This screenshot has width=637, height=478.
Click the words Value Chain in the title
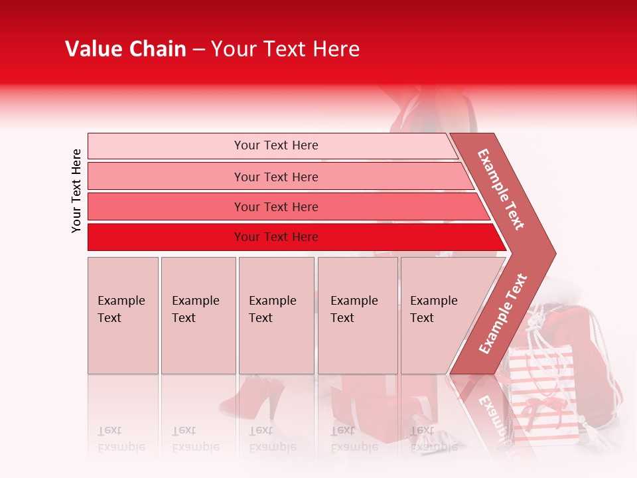(x=125, y=49)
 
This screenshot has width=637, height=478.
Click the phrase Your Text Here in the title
(x=285, y=49)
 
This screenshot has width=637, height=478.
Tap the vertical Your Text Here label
(x=76, y=191)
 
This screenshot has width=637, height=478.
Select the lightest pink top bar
(x=272, y=145)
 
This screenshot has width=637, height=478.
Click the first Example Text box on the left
(x=123, y=315)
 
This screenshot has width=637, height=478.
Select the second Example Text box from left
(x=198, y=315)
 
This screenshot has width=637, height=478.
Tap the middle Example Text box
(x=276, y=315)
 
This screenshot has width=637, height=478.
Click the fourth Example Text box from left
(x=358, y=315)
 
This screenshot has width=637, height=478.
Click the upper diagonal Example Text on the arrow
(x=501, y=189)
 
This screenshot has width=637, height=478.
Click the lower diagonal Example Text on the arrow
(x=502, y=314)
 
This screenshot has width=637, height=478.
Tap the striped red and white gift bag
(x=541, y=392)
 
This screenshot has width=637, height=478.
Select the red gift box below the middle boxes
(x=362, y=405)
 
